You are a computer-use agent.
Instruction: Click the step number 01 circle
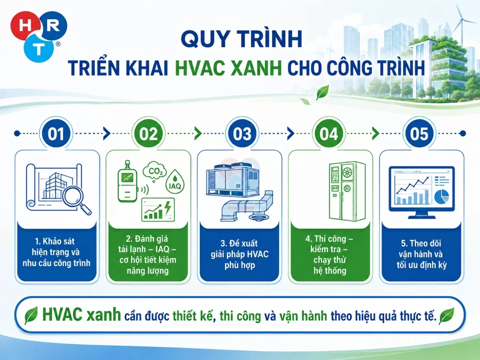click(56, 134)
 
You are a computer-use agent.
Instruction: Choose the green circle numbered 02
click(148, 134)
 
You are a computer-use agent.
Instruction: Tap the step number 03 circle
click(242, 134)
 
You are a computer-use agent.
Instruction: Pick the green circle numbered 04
click(329, 134)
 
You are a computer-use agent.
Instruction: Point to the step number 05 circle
click(419, 134)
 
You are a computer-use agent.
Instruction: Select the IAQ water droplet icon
click(175, 182)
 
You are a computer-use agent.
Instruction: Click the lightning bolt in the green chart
click(168, 207)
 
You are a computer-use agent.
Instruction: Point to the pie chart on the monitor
click(441, 196)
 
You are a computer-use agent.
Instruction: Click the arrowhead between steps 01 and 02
click(107, 133)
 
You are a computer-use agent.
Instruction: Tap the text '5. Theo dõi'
click(421, 243)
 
